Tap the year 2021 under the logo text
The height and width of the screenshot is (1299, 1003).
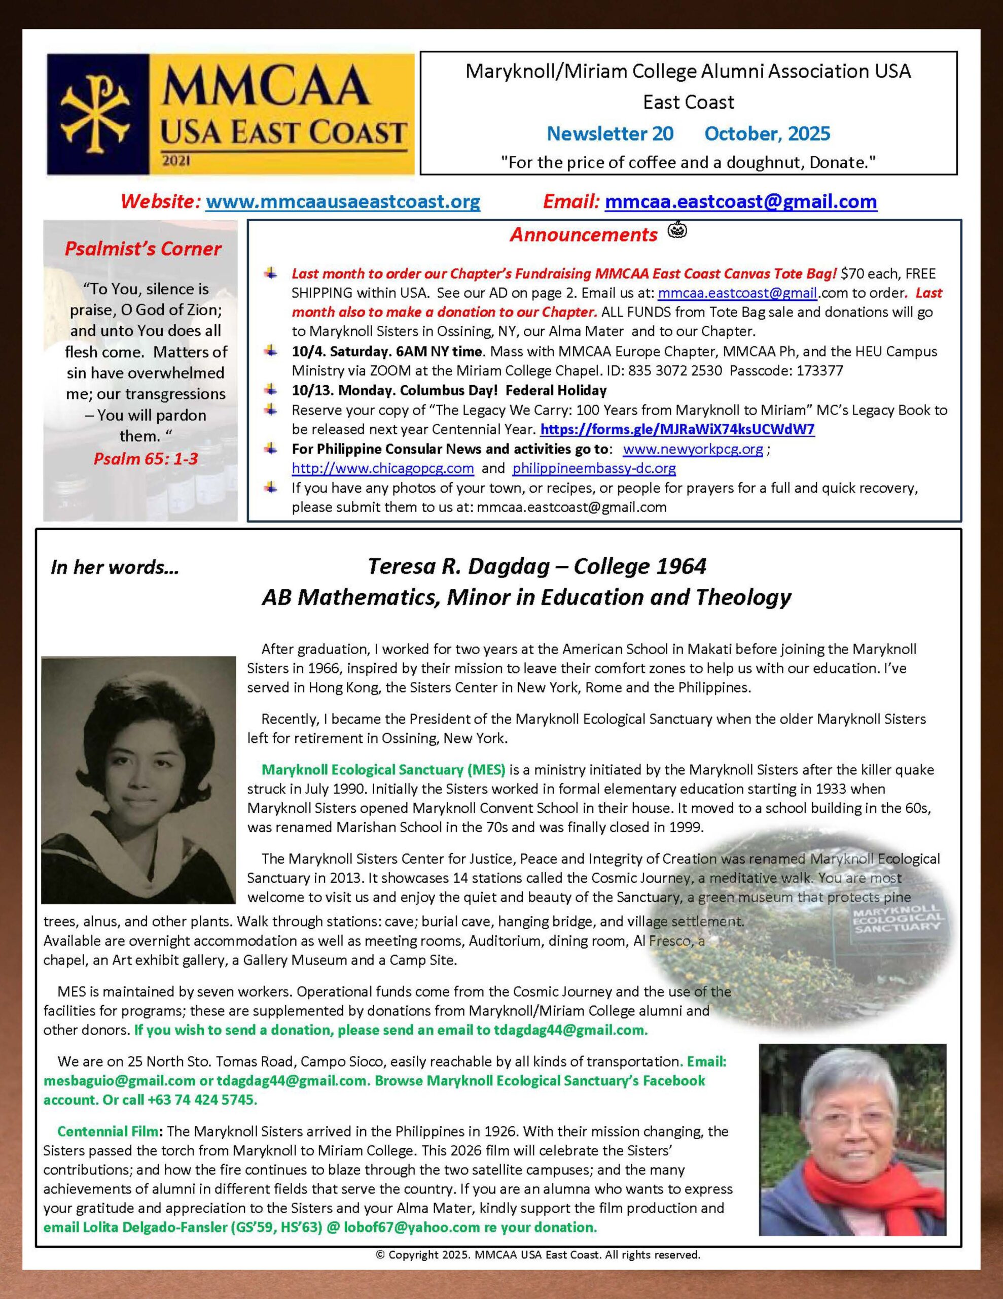pyautogui.click(x=175, y=160)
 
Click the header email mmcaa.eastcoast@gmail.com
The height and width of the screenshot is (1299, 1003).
pyautogui.click(x=740, y=201)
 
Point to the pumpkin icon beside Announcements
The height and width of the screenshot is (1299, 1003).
pyautogui.click(x=678, y=229)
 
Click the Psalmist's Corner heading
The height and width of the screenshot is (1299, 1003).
pyautogui.click(x=142, y=249)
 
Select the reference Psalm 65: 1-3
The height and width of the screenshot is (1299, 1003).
pyautogui.click(x=146, y=459)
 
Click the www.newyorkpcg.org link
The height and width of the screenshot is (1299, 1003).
pyautogui.click(x=693, y=449)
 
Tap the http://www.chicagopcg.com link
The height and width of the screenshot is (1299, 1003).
pyautogui.click(x=382, y=468)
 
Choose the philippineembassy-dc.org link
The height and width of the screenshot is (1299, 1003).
pyautogui.click(x=594, y=468)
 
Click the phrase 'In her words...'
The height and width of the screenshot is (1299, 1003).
pyautogui.click(x=115, y=567)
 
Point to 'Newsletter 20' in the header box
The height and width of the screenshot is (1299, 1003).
pyautogui.click(x=610, y=134)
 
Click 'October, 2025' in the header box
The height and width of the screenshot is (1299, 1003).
pyautogui.click(x=767, y=134)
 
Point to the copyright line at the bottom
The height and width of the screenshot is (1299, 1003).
pyautogui.click(x=538, y=1255)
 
